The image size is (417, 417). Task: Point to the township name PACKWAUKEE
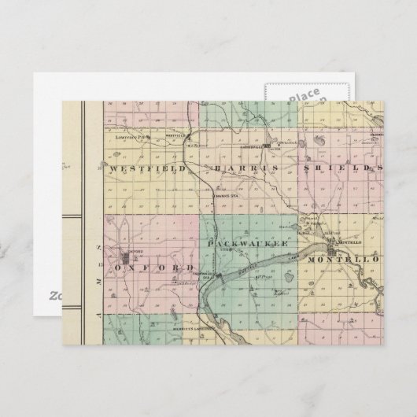245,245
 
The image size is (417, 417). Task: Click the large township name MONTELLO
343,259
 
